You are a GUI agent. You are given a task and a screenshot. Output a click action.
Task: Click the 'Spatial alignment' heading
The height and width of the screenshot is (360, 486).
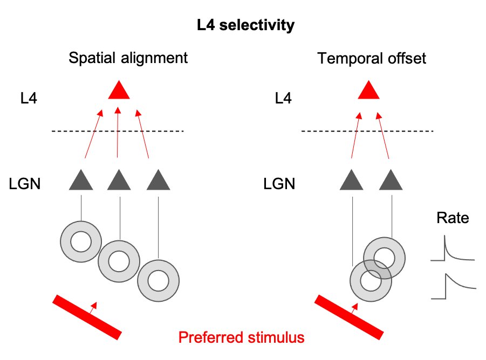tap(128, 58)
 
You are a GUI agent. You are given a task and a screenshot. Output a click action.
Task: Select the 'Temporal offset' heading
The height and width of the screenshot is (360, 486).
tap(372, 58)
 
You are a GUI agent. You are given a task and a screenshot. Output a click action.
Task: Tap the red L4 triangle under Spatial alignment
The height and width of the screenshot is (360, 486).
tap(119, 91)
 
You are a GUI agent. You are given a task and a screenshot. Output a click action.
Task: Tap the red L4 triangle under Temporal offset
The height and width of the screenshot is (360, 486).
tap(369, 91)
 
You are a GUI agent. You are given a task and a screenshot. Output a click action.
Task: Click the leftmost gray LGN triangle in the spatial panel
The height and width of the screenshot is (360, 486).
tap(81, 181)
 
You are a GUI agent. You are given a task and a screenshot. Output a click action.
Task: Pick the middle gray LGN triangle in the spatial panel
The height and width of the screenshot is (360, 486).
tap(119, 181)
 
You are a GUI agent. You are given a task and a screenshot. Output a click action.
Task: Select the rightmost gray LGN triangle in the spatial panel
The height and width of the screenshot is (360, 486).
tap(159, 181)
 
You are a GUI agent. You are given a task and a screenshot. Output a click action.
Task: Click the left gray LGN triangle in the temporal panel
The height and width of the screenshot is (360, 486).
tap(352, 181)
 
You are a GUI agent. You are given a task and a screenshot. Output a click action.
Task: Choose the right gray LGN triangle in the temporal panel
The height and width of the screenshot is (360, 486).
tap(391, 181)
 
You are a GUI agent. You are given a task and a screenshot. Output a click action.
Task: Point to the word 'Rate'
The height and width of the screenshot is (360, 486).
tap(453, 218)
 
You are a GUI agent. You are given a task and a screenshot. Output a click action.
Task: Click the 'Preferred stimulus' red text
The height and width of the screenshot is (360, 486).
tap(241, 338)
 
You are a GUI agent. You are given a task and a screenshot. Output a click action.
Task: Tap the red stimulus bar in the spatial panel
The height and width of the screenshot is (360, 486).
tap(86, 317)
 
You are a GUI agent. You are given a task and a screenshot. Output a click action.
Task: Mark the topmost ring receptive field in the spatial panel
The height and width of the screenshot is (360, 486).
tap(81, 242)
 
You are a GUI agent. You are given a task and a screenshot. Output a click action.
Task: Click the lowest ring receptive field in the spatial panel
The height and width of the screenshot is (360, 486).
tap(158, 281)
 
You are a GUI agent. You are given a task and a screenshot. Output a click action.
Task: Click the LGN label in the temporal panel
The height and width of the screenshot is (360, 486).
tap(279, 184)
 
